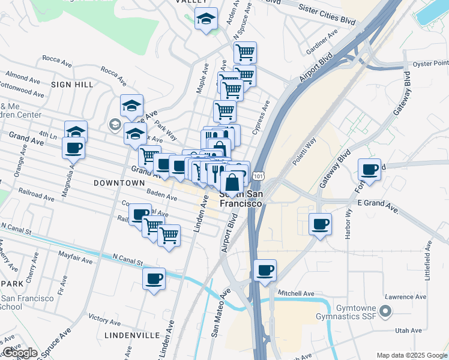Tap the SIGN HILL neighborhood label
click(72, 85)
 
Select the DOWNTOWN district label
click(119, 182)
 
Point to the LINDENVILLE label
click(131, 335)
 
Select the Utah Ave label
click(409, 331)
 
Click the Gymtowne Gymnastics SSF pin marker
click(387, 311)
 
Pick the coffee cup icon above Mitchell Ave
click(265, 270)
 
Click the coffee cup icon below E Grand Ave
click(320, 224)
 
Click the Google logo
click(20, 353)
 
